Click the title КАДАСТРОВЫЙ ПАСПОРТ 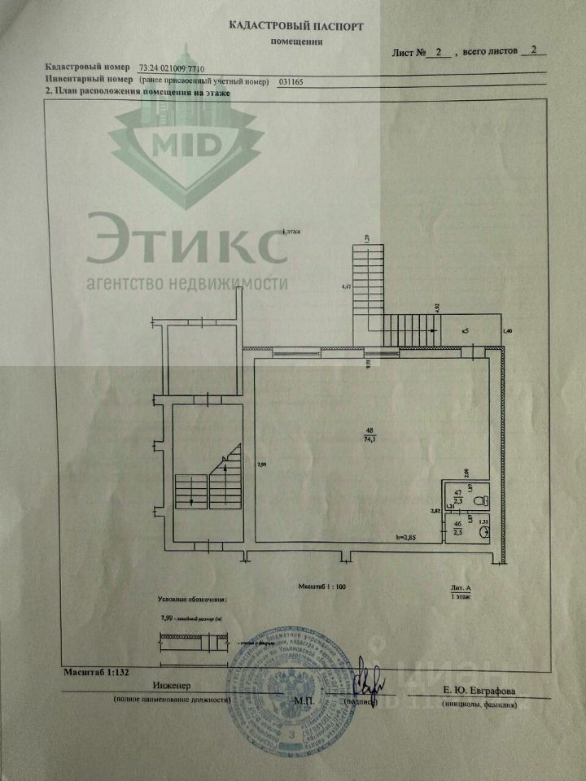pos(295,26)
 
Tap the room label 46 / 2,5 pos(457,528)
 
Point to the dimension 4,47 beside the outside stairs pos(346,287)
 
